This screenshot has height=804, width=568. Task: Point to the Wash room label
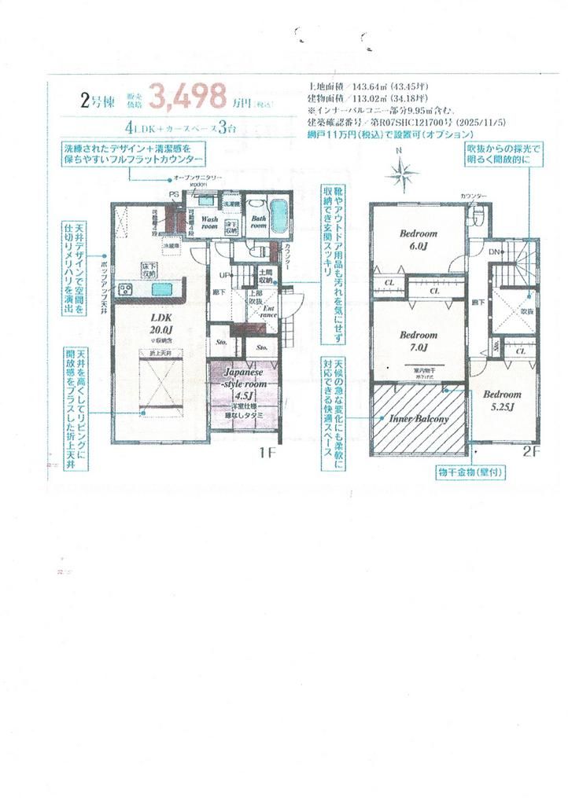click(209, 221)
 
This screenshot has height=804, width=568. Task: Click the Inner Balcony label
click(419, 420)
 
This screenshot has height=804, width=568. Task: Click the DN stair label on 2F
click(494, 251)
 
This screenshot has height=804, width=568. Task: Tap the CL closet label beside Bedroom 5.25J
click(520, 352)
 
